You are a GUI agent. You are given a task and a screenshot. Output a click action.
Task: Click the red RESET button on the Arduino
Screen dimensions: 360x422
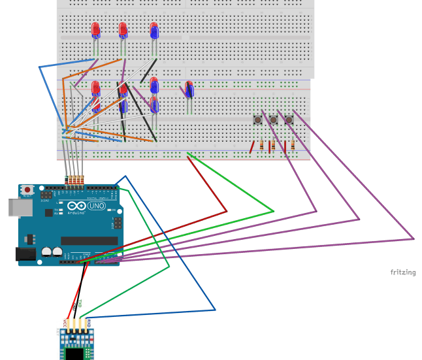point(27,189)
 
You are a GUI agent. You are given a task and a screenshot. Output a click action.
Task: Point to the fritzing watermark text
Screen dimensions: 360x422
point(403,272)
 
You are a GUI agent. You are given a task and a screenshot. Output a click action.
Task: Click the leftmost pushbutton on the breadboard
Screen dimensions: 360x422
point(258,120)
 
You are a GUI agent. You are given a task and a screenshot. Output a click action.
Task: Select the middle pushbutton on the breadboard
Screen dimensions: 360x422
point(273,120)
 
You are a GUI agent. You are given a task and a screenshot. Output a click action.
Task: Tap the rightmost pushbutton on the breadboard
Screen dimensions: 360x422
point(289,120)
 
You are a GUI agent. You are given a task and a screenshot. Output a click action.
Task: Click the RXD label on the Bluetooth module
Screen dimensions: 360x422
point(88,322)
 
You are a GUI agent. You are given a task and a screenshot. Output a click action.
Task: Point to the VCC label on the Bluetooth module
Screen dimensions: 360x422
point(65,322)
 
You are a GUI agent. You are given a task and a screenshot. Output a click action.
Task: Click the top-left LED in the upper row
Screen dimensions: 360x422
point(95,30)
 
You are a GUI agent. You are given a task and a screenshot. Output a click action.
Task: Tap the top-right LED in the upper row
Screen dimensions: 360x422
point(154,31)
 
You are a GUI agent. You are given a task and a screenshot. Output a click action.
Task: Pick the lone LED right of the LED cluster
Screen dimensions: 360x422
point(189,89)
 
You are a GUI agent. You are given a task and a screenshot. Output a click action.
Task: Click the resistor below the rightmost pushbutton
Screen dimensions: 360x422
point(293,145)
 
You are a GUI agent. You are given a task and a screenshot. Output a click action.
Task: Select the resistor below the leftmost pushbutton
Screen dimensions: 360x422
point(262,145)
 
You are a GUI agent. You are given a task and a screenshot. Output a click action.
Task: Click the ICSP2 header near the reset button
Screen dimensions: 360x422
point(46,195)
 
